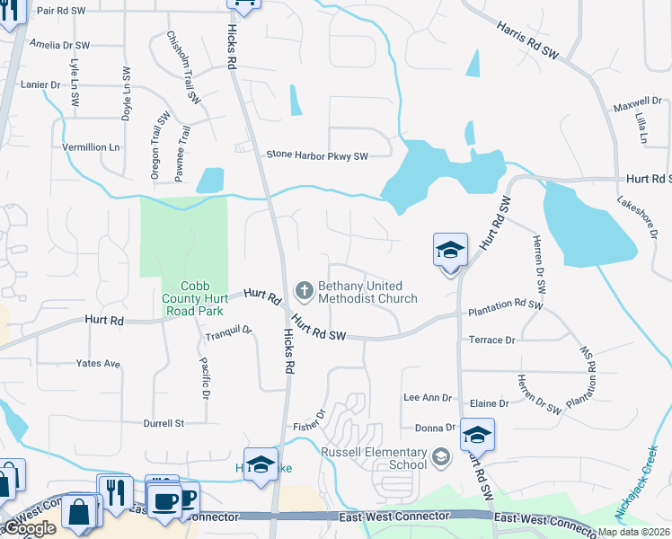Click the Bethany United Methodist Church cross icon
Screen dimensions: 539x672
[305, 290]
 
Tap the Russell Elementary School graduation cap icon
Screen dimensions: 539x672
[440, 458]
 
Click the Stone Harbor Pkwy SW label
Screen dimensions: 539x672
[317, 155]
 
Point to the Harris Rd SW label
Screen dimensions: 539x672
[527, 41]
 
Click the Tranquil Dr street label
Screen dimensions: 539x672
[228, 333]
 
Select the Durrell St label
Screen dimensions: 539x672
[164, 422]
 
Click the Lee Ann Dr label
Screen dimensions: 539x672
[427, 397]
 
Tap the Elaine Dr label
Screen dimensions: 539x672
[491, 403]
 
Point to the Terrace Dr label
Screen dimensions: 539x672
[491, 340]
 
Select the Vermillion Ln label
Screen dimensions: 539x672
[90, 146]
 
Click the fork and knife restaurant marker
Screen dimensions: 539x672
[115, 490]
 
